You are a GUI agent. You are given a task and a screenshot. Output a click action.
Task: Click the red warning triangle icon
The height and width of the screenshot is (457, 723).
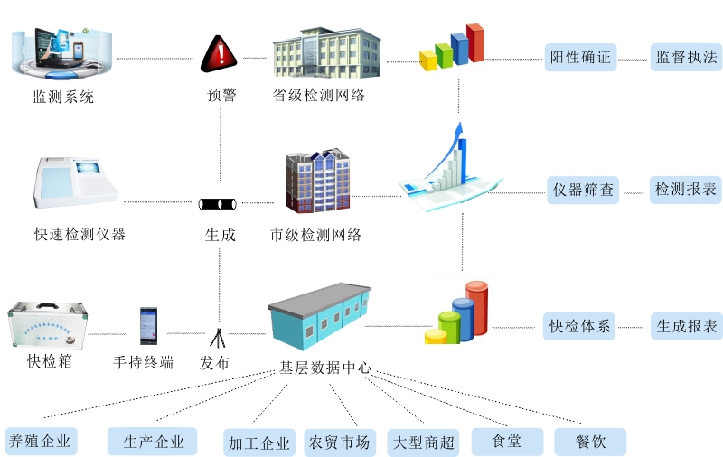coord(218,54)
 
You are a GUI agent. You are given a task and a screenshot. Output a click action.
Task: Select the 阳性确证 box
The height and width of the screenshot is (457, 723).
coord(580,58)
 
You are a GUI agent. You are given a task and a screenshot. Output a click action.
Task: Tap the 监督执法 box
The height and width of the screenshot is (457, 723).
coord(686,58)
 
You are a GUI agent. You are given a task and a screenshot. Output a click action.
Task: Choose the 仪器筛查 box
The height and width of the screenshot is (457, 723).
coord(584,190)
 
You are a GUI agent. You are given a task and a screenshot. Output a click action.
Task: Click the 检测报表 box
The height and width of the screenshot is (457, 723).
coord(686,190)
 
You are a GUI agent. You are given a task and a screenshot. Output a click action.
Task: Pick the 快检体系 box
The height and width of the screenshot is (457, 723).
coord(580,326)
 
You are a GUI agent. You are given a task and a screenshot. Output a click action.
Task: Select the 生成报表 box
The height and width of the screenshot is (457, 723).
coord(686,326)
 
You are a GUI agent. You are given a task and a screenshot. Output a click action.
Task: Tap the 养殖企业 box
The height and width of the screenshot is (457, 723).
coord(40,441)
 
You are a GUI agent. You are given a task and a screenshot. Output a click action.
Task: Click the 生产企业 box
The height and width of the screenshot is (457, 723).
coord(153,441)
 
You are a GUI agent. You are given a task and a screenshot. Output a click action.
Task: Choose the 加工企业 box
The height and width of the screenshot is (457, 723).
coord(259,443)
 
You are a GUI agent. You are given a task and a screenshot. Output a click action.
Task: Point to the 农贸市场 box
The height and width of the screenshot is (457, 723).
coord(340,443)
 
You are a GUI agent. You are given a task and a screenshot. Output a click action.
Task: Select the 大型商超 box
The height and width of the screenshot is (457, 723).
coord(422,443)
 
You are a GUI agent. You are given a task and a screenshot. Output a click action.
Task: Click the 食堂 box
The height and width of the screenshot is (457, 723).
coord(507,441)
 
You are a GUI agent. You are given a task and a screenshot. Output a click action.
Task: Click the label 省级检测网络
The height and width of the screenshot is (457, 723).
coord(319,95)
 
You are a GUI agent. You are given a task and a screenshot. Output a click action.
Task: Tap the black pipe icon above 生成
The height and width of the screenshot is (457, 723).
coord(220,202)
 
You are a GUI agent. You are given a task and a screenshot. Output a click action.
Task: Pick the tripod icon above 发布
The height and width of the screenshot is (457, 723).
coord(217,337)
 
